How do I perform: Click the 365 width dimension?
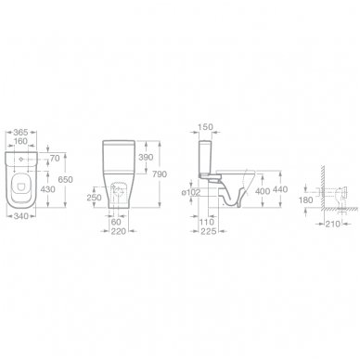point(21,133)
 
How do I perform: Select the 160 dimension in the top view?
point(21,141)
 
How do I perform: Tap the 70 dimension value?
point(55,159)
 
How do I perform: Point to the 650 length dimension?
point(65,179)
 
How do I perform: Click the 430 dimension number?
point(47,189)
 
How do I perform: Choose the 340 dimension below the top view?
point(21,216)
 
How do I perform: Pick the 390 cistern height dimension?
point(146,157)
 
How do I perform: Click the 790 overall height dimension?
point(160,174)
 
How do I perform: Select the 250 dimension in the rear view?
point(94,198)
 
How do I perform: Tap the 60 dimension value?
point(116,222)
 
